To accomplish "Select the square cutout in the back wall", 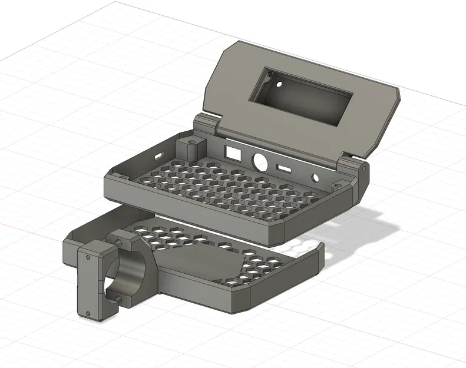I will pyautogui.click(x=234, y=152).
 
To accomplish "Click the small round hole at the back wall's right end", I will pyautogui.click(x=316, y=177).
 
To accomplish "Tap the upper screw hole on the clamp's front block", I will pyautogui.click(x=87, y=257).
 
